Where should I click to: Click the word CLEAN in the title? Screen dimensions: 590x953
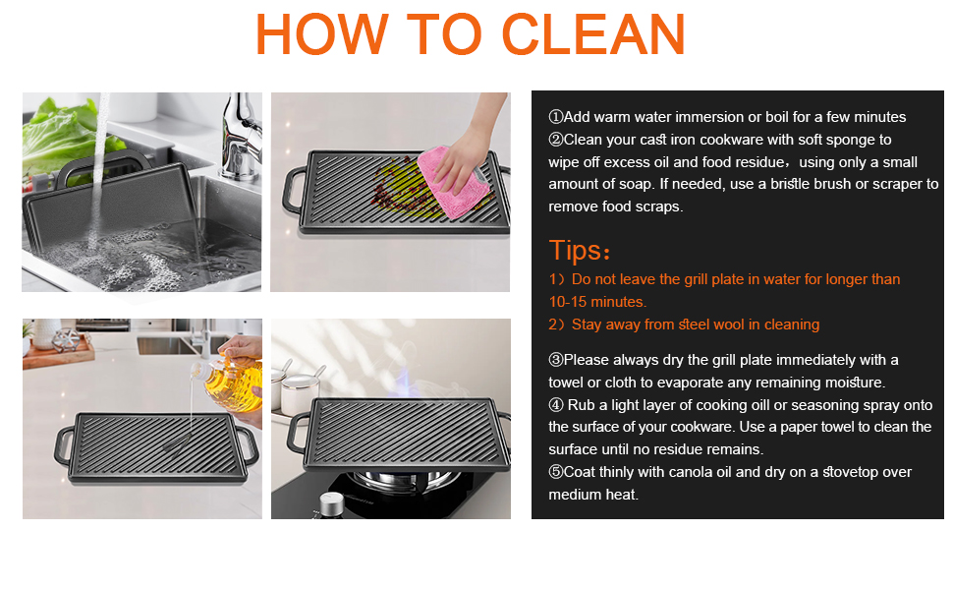593,35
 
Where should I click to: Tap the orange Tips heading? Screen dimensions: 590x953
580,250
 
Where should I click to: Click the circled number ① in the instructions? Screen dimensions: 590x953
555,118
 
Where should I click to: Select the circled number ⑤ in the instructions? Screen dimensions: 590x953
555,472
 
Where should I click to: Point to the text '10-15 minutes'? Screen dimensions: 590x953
597,302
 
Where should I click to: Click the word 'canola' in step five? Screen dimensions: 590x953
690,472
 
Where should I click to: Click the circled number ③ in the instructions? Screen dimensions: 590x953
555,360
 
